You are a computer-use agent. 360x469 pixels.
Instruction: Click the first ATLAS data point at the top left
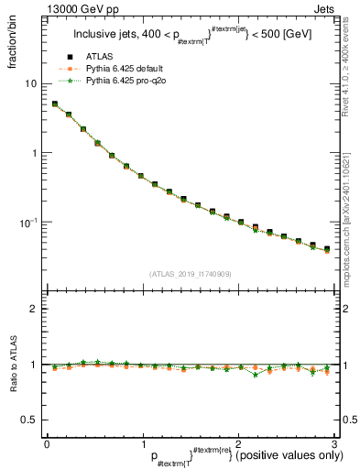[55, 104]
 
